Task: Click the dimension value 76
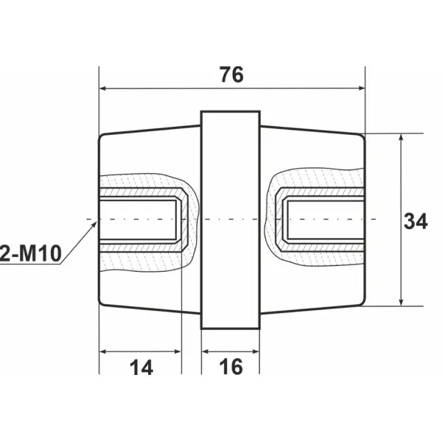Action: click(231, 74)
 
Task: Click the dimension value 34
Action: click(416, 220)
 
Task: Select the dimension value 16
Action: click(231, 367)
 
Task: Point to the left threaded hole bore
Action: click(140, 220)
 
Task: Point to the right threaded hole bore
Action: click(324, 220)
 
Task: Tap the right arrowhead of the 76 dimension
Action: click(360, 88)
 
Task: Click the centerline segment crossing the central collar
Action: click(231, 220)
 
